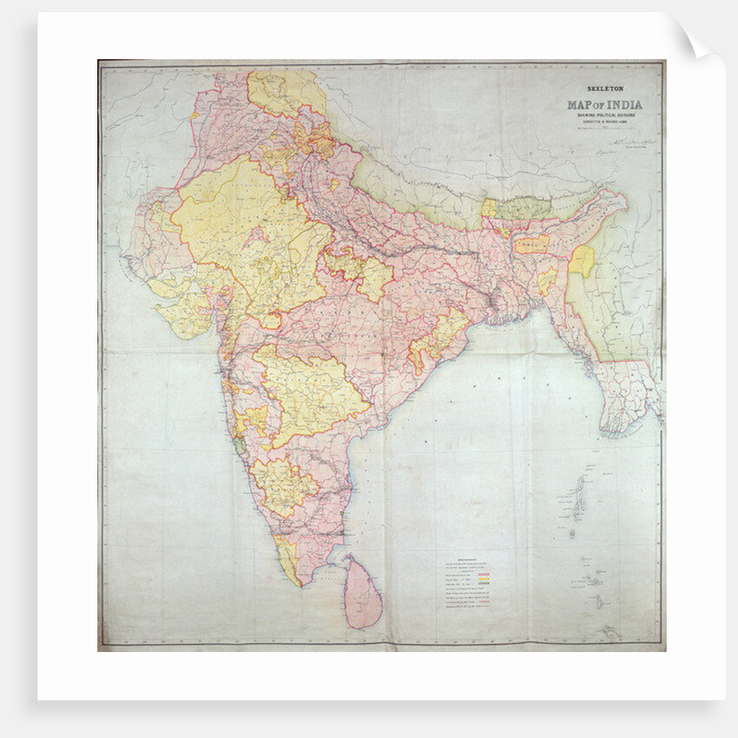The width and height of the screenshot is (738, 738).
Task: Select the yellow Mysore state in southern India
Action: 282,483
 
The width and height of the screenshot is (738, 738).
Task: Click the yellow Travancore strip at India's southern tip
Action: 291,564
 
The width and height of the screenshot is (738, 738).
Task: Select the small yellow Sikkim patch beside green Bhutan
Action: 489,208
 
